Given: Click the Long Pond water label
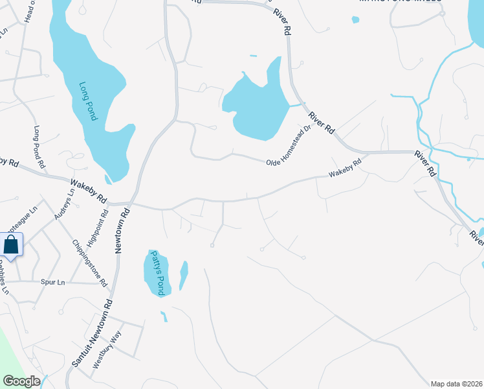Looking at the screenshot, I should coord(88,101).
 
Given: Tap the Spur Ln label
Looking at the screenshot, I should coord(52,283).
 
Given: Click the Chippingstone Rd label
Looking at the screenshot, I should coord(90,263).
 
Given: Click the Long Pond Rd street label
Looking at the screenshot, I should coord(40,148).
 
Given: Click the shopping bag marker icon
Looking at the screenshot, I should coord(11,245).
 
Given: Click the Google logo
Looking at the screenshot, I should coord(21,381).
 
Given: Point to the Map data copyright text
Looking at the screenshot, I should coord(456,383).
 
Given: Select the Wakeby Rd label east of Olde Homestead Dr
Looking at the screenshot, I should coord(344,169).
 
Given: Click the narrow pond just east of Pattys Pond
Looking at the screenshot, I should coord(184,275).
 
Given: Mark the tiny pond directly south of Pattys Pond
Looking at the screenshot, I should coord(164,316).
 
